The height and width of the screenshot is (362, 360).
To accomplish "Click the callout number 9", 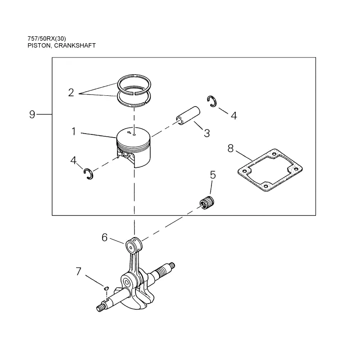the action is (32, 114).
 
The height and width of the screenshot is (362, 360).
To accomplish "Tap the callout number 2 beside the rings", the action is (71, 93).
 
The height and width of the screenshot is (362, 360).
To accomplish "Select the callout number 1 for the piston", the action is (74, 131).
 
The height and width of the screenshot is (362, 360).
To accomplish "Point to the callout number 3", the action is (207, 133).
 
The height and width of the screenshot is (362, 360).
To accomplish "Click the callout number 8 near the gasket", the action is (230, 148).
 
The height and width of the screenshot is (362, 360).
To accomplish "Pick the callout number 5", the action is (213, 175).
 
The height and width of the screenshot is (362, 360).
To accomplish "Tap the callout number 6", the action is (105, 237).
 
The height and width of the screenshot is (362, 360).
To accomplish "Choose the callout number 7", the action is (79, 271).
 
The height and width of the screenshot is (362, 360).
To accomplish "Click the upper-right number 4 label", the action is (234, 116).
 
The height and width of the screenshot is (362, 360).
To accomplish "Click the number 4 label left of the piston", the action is (73, 160).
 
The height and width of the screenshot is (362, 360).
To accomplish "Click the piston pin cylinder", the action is (188, 116).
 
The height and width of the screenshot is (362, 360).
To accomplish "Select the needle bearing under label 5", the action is (207, 203).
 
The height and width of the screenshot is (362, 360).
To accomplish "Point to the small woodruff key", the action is (106, 288).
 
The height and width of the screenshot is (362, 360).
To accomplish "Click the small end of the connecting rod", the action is (134, 245).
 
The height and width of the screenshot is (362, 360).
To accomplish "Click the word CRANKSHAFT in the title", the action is (75, 45).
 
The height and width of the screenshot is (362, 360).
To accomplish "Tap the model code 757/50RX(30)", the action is (47, 38).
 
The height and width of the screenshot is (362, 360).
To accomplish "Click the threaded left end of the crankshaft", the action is (100, 308).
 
